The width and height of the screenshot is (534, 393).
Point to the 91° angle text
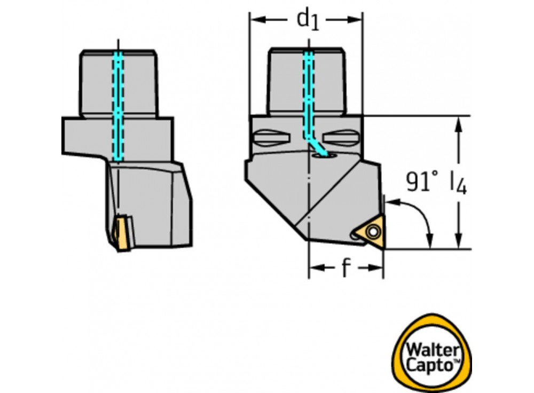click(x=422, y=182)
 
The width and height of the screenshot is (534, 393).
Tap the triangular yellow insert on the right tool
click(x=372, y=232)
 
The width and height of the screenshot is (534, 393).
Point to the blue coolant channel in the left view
click(x=117, y=107)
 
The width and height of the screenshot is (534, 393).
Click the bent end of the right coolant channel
click(x=315, y=143)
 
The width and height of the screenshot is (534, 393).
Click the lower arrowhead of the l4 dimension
click(x=458, y=242)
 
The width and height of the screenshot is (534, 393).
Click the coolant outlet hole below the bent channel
click(x=322, y=155)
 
